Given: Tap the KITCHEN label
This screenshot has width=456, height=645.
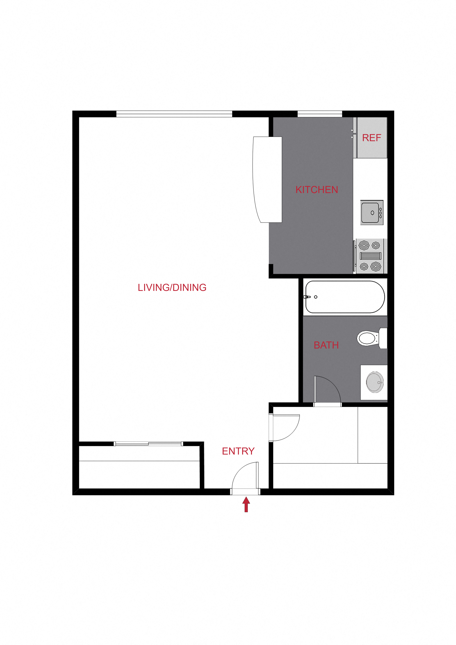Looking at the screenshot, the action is [x=317, y=190].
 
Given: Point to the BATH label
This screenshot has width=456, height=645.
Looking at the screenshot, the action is [x=326, y=345].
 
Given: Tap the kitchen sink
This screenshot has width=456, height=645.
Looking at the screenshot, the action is [x=372, y=213].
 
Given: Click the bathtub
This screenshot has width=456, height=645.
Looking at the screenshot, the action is [x=345, y=297].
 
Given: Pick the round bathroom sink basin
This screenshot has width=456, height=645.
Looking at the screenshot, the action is [x=375, y=382].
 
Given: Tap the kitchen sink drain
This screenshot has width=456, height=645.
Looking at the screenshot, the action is [x=372, y=213].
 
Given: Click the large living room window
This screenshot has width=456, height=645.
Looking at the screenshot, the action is [x=174, y=114].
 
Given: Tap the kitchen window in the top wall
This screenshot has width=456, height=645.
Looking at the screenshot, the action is [x=320, y=114].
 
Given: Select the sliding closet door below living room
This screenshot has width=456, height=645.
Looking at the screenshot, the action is [x=148, y=444].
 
